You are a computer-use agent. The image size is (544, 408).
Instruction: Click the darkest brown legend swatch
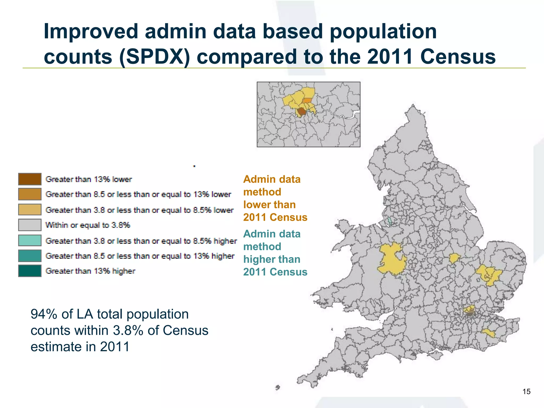30,179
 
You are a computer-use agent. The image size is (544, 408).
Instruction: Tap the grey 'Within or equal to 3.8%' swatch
30,225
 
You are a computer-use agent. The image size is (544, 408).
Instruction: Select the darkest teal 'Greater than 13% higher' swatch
30,271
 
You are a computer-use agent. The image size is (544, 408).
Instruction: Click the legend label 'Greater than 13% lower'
88,179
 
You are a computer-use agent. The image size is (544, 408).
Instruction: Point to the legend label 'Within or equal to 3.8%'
88,225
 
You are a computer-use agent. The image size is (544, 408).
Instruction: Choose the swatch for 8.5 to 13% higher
30,256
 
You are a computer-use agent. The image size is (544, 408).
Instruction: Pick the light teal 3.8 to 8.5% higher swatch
30,240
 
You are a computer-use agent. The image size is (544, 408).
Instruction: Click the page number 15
526,392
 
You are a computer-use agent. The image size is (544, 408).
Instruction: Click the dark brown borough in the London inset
302,112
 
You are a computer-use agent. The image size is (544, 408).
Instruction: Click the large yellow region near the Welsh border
390,259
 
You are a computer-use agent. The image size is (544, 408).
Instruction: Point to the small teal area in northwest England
390,221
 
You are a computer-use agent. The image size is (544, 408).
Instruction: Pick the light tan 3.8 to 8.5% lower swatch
30,210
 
